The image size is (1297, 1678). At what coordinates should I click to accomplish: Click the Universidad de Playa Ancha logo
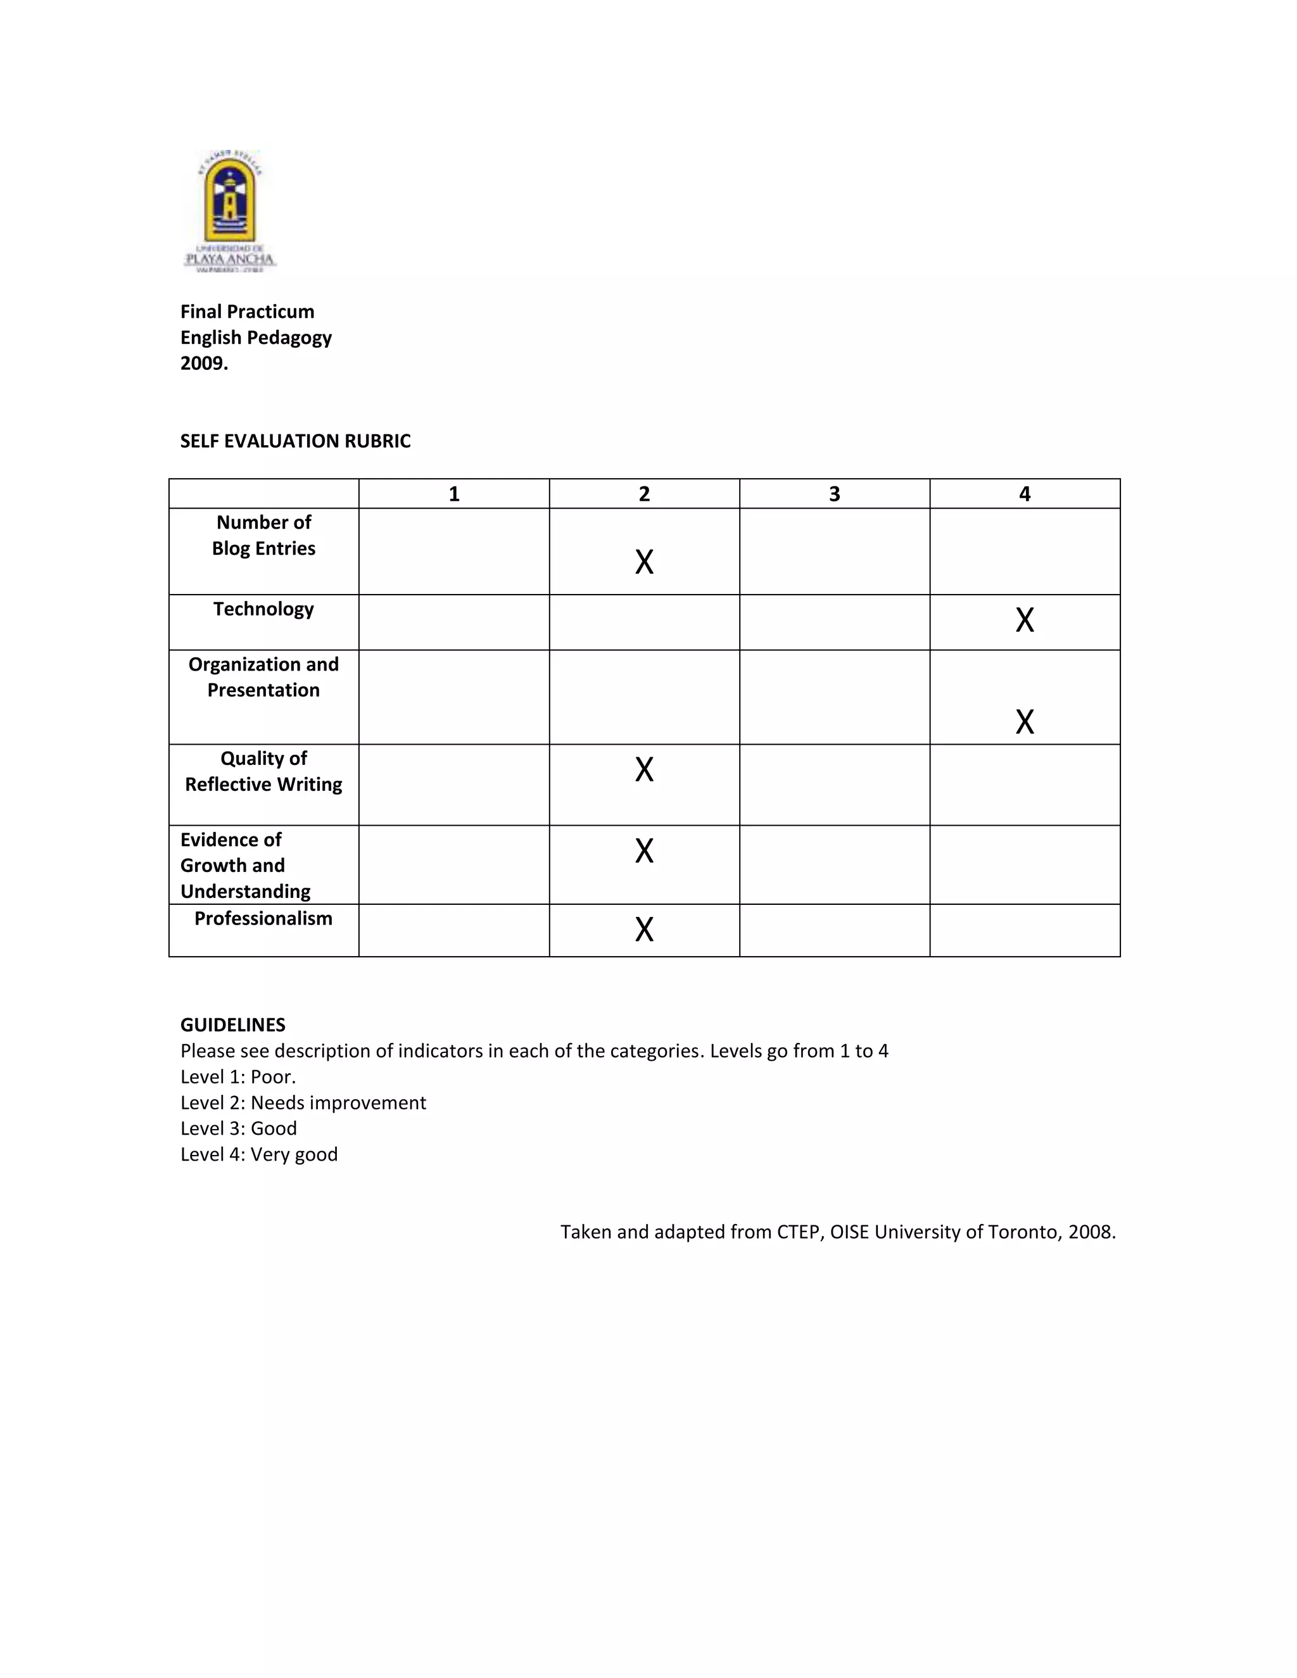click(x=229, y=210)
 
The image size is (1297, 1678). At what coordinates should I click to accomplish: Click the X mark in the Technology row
click(x=1024, y=619)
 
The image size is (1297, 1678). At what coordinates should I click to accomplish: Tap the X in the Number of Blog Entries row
click(x=644, y=562)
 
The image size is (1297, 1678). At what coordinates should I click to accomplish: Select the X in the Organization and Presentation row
click(x=1024, y=721)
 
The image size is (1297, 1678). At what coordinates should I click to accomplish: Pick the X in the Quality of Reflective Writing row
click(x=644, y=769)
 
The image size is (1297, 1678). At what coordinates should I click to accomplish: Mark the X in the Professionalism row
click(x=644, y=929)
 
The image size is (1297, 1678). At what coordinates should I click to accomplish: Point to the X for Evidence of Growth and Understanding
click(x=644, y=850)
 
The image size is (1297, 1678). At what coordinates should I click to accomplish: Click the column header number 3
click(x=835, y=494)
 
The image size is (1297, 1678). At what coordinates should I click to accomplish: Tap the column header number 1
click(x=453, y=494)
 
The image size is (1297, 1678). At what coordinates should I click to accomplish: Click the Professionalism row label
click(x=263, y=918)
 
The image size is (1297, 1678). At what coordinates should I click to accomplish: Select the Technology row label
click(x=263, y=609)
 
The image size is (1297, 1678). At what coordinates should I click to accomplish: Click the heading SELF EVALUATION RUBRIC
click(x=295, y=441)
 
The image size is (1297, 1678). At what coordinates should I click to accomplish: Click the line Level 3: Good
click(x=238, y=1128)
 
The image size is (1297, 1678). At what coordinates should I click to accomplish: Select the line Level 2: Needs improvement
click(x=303, y=1102)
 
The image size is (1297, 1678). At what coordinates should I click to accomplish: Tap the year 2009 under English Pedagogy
click(x=204, y=363)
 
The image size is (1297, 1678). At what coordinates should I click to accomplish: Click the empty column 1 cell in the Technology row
click(x=453, y=622)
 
